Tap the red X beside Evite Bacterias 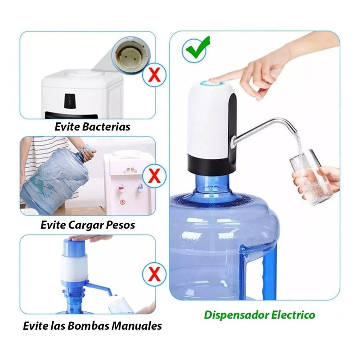154,75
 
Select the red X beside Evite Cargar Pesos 154,175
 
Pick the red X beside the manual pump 154,274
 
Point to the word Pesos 121,225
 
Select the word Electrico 293,315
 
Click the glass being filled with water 310,177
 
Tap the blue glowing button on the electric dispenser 212,82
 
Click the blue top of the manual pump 74,247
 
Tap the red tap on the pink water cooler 121,188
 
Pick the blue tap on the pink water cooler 140,187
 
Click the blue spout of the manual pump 99,288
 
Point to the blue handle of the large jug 267,273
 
